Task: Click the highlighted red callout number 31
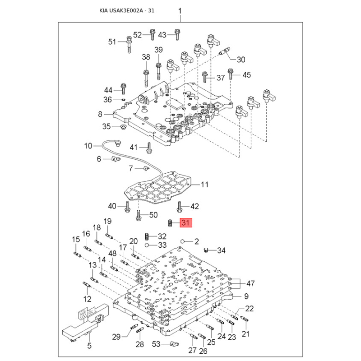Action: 186,222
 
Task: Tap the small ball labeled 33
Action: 147,245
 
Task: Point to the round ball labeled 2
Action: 183,241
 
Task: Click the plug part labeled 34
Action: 207,250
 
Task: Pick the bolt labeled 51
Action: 129,45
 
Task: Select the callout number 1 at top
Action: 180,11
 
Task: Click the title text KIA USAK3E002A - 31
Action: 127,10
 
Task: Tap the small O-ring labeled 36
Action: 123,100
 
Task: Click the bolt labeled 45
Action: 231,74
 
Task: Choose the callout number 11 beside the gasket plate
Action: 204,185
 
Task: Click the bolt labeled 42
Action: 180,206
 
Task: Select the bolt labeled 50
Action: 139,216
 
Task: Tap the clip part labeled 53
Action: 174,344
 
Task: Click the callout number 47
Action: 250,283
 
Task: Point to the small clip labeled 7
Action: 145,169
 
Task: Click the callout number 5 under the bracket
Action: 89,346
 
